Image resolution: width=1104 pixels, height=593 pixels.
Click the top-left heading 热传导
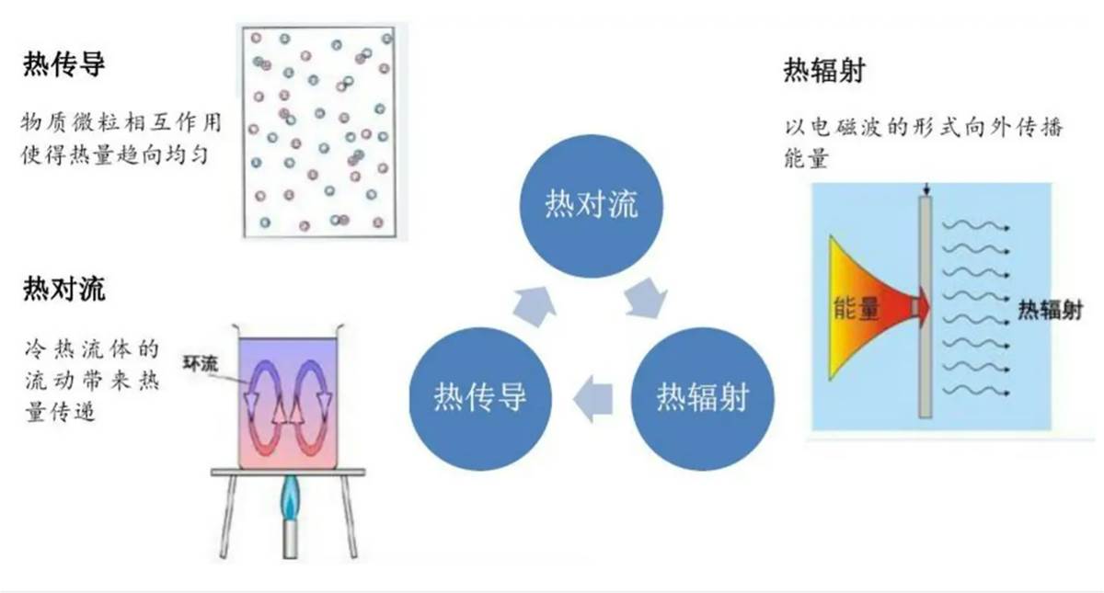click(64, 64)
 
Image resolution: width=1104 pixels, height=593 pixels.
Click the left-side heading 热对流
click(64, 289)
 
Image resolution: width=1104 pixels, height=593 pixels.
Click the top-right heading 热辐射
click(824, 71)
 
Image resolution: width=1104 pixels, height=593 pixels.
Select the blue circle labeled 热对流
click(592, 206)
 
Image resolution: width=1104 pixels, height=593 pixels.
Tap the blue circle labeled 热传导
click(480, 398)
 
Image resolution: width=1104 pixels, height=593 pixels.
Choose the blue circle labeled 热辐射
click(703, 398)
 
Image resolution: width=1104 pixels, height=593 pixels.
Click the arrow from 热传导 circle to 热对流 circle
click(535, 306)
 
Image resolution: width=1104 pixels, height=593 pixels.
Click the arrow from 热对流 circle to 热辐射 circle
click(646, 298)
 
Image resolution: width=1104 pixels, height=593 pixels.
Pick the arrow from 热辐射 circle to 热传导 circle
click(592, 398)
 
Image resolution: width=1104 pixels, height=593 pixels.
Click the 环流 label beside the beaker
click(201, 363)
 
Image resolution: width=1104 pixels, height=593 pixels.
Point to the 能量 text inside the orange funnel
click(857, 309)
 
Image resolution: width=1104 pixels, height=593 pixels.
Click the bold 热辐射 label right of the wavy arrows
click(1051, 311)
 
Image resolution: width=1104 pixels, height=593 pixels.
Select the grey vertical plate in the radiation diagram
click(926, 307)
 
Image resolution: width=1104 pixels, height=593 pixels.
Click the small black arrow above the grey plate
click(926, 189)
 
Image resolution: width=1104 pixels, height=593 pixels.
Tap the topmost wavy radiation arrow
click(976, 226)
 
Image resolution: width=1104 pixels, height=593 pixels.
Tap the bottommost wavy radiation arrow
click(976, 392)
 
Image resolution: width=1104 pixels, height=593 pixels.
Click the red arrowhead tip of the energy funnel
click(930, 308)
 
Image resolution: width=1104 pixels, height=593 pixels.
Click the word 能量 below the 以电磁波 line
click(806, 158)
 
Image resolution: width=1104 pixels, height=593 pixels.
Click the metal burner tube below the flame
click(290, 541)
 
